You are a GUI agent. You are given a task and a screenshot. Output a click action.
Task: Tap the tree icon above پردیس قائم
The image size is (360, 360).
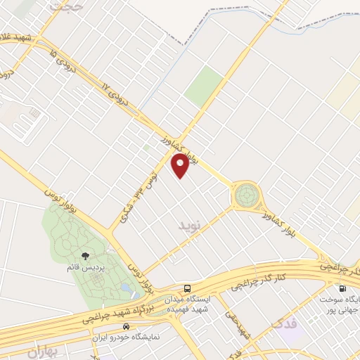86,257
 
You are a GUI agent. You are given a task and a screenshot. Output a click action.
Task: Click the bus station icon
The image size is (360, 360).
187,288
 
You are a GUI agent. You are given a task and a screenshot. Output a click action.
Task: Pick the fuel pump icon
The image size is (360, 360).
342,288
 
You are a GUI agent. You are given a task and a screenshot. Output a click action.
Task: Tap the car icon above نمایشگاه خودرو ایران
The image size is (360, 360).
126,327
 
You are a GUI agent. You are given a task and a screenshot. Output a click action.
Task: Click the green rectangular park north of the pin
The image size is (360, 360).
204,86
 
